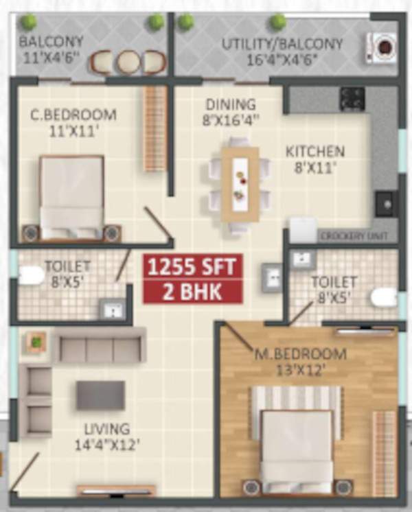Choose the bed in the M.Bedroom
pyautogui.click(x=297, y=445)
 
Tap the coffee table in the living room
pyautogui.click(x=100, y=395)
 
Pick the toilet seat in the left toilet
pyautogui.click(x=30, y=276)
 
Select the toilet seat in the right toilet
pyautogui.click(x=384, y=297)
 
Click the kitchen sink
pyautogui.click(x=385, y=204)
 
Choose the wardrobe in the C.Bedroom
pyautogui.click(x=155, y=129)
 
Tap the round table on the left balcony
pyautogui.click(x=128, y=62)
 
